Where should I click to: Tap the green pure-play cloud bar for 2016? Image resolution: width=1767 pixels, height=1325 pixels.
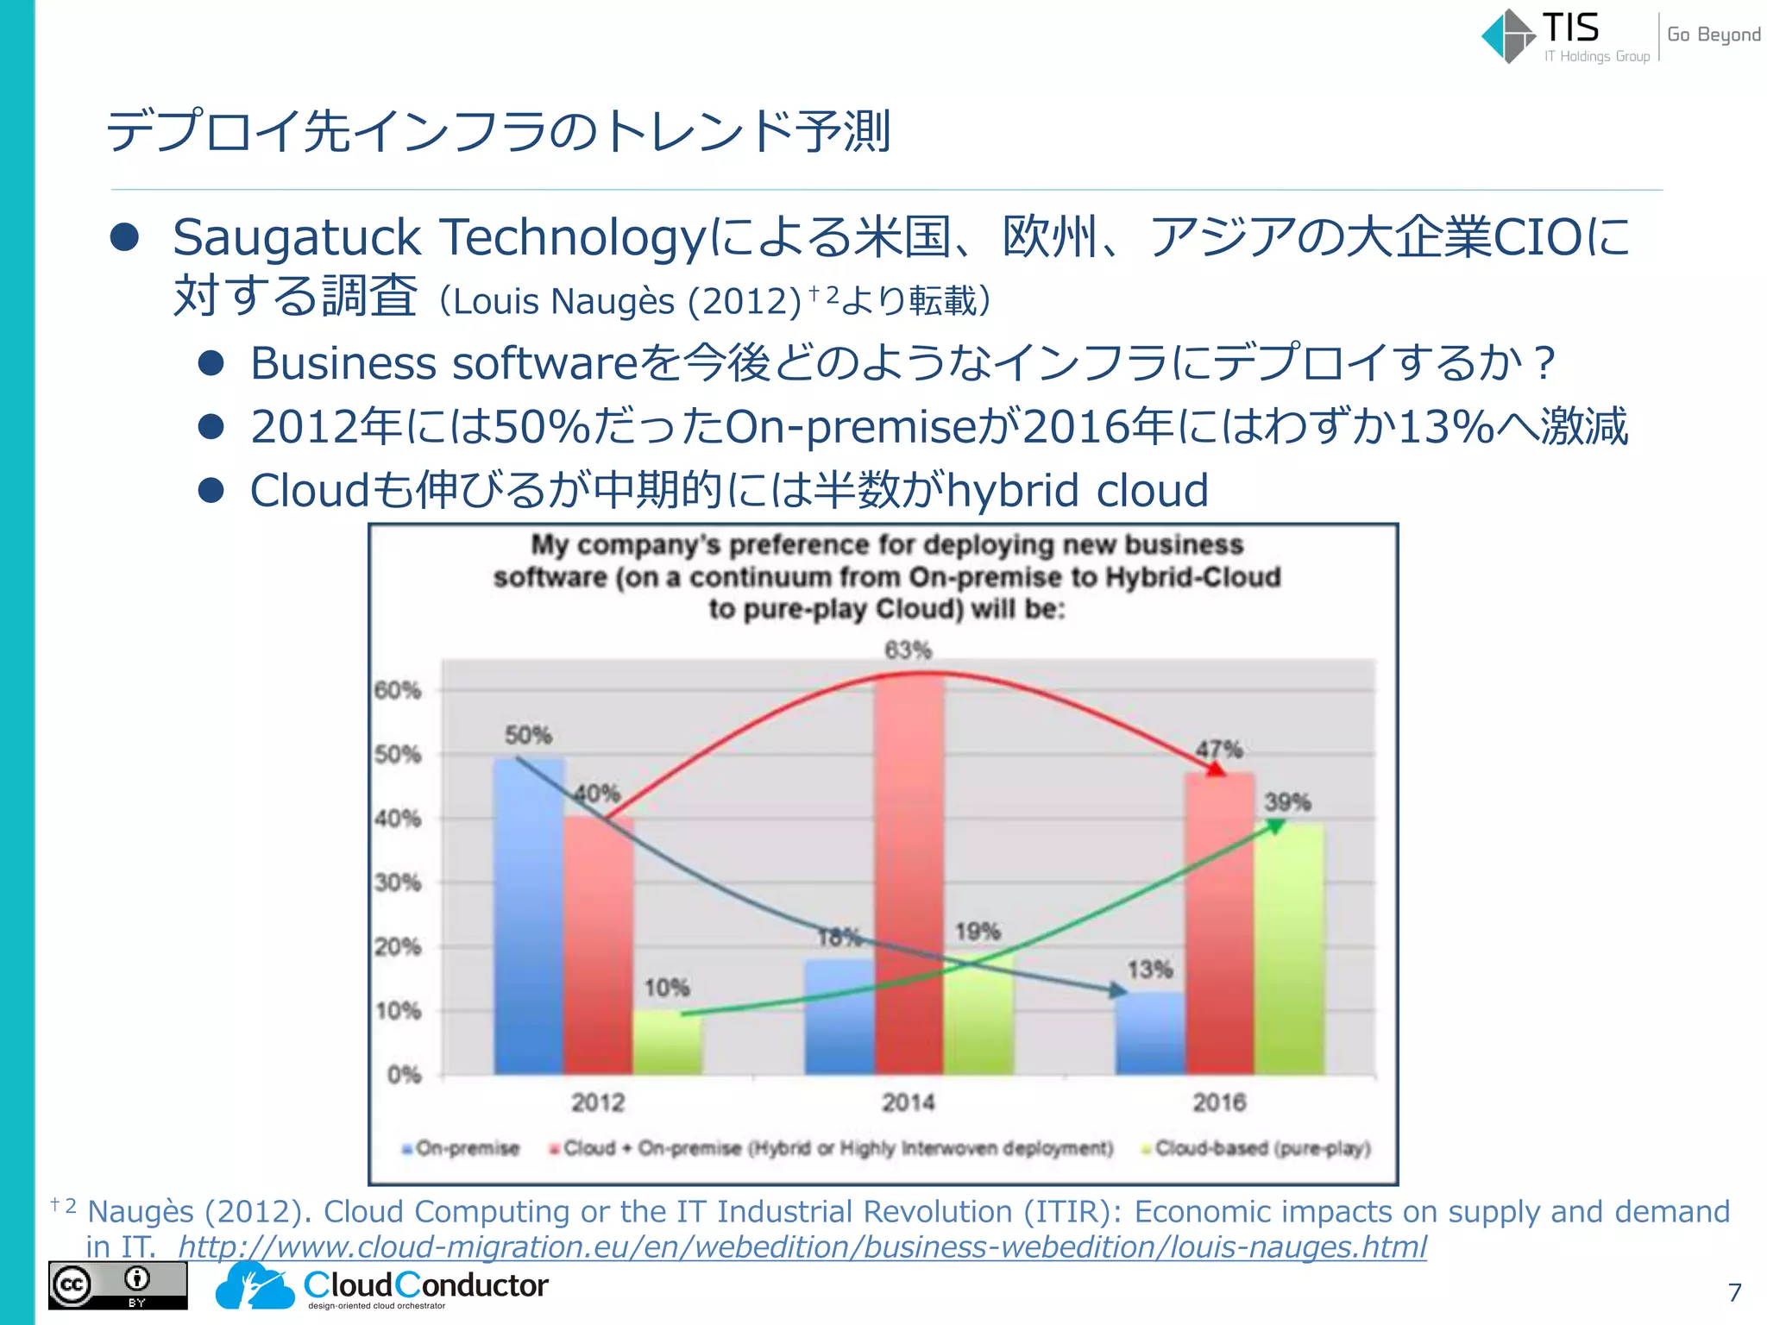(x=1289, y=949)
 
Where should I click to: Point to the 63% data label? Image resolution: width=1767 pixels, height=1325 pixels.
(x=908, y=650)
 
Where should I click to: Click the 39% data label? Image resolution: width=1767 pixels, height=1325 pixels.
(x=1287, y=802)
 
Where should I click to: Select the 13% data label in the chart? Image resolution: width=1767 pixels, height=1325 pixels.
(x=1150, y=970)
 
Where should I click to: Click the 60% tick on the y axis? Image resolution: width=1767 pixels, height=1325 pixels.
(x=398, y=690)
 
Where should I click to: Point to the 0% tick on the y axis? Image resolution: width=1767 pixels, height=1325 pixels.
(x=404, y=1075)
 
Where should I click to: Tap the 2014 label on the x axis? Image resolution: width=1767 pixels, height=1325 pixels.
(x=908, y=1102)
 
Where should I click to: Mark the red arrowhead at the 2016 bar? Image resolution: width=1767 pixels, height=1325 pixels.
(x=1215, y=769)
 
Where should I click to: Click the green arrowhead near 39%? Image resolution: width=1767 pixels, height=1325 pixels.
(x=1275, y=826)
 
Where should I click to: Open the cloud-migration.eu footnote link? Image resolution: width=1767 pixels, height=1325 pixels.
(x=802, y=1247)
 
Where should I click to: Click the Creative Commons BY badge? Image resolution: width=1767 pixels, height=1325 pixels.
(x=117, y=1285)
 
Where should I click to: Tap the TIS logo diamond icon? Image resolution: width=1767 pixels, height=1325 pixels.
(x=1508, y=36)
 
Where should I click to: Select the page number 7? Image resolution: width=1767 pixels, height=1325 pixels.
(x=1735, y=1292)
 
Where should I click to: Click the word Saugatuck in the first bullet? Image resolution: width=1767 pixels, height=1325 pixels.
(x=297, y=238)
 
